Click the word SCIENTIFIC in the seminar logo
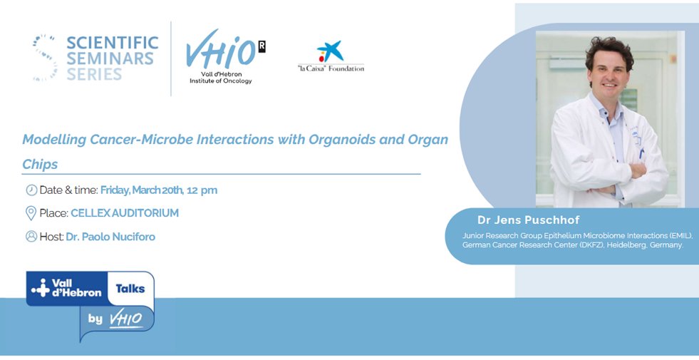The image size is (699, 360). coord(112,42)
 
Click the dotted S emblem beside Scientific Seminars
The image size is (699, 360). coord(45,57)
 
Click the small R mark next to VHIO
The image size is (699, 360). coord(262,46)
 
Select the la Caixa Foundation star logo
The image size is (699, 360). coord(330,51)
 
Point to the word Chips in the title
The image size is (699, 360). coord(40,164)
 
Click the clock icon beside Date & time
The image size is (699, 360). coord(31,190)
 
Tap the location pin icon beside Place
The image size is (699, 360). coord(31,213)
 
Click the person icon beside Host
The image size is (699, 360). coord(31,236)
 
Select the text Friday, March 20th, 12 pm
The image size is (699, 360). coord(159,190)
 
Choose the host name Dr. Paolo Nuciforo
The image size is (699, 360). coord(110,237)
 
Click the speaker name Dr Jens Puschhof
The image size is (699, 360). coord(528,220)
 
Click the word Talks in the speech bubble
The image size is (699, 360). coord(130,289)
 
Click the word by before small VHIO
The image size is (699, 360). coord(95,319)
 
